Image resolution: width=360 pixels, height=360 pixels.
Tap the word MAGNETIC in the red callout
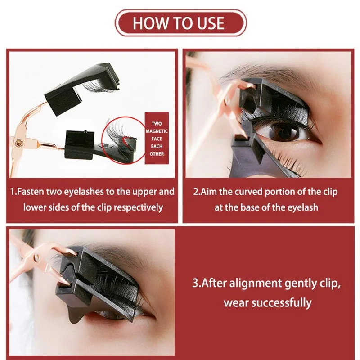click(x=157, y=131)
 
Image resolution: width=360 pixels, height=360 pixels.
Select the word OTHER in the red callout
click(x=157, y=154)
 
